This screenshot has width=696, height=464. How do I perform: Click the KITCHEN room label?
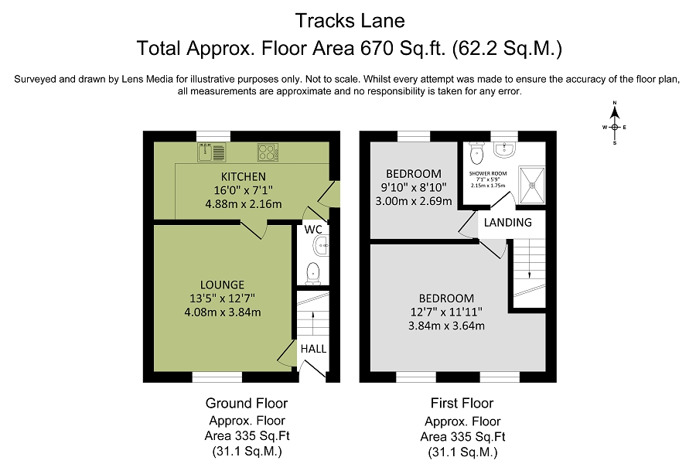point(244,176)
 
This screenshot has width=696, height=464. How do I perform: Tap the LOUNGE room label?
point(222,285)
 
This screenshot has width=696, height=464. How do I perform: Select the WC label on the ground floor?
point(313,230)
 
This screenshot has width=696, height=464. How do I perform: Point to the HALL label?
point(313,349)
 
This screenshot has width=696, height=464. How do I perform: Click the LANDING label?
point(508,223)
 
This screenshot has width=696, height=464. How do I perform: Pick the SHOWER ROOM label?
point(488,173)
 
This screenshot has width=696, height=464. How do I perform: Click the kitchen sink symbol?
point(212,152)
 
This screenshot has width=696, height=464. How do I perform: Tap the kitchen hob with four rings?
point(268,152)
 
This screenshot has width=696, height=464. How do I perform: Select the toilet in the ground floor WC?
point(313,273)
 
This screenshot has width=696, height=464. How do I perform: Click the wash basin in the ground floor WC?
point(322,246)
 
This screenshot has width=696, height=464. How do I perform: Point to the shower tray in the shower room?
point(532,185)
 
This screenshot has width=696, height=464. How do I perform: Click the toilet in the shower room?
point(476,153)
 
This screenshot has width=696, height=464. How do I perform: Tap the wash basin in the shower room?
point(504,149)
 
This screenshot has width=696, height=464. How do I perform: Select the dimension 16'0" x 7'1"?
point(244,190)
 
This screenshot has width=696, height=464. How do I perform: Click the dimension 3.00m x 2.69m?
point(414,201)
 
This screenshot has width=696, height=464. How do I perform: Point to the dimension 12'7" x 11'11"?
point(446,312)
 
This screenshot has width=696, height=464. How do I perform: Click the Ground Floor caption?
point(247,403)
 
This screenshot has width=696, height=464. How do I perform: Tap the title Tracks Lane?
point(350,21)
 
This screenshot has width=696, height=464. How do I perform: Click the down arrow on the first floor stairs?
point(530,275)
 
